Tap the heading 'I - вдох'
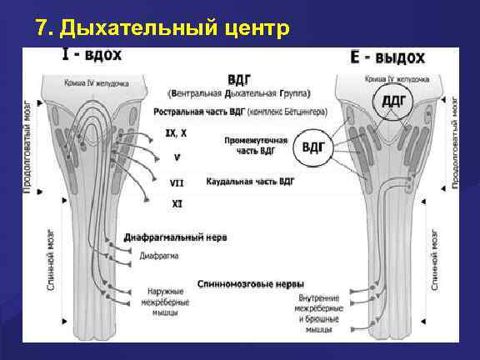pyautogui.click(x=92, y=56)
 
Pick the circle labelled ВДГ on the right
pyautogui.click(x=312, y=148)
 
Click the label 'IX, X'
pyautogui.click(x=176, y=132)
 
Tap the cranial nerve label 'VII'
pyautogui.click(x=177, y=181)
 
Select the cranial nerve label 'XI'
pyautogui.click(x=177, y=203)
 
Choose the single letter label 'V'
pyautogui.click(x=177, y=157)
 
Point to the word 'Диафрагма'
pyautogui.click(x=157, y=255)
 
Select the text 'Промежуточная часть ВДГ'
pyautogui.click(x=256, y=146)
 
